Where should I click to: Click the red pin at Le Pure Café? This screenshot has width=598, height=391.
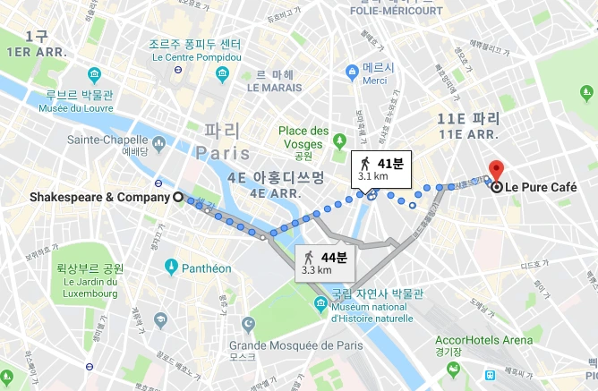tap(497, 167)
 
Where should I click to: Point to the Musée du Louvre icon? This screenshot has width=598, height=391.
tap(95, 72)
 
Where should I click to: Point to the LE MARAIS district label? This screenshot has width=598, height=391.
tap(278, 88)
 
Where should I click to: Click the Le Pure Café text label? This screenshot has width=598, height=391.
tap(542, 188)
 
